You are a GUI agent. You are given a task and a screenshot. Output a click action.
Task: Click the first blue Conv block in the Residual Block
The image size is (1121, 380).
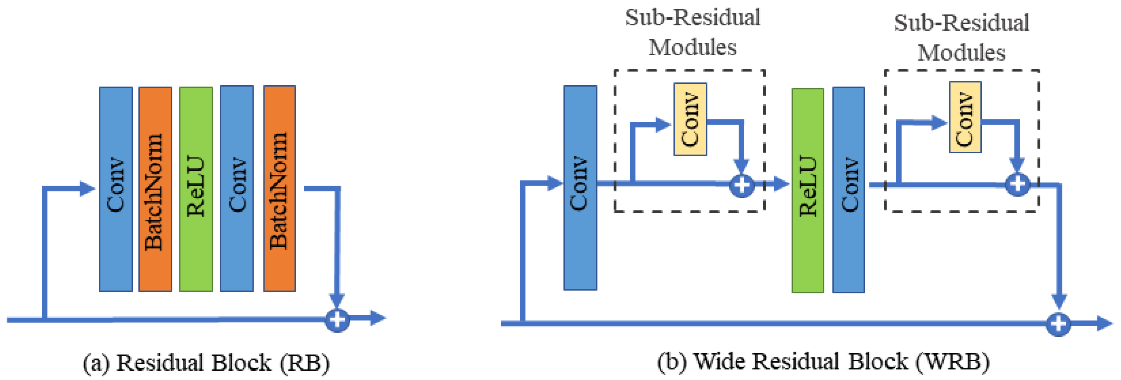116,189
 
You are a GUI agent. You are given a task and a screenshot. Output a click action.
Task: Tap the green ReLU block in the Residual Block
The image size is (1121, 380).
196,189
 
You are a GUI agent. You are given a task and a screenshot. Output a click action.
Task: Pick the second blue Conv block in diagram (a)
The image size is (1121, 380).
237,188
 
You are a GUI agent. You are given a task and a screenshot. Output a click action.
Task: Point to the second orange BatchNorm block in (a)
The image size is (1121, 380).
279,188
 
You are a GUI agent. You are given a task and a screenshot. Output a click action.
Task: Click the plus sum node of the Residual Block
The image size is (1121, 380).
337,320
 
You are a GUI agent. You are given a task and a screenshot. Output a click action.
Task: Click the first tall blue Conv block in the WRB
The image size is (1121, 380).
580,187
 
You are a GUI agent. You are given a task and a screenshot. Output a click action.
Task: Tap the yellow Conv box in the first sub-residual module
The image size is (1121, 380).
690,119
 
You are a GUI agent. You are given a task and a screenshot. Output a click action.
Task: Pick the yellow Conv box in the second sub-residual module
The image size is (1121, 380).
965,117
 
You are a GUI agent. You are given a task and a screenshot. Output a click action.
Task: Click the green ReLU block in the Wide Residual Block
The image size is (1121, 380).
808,190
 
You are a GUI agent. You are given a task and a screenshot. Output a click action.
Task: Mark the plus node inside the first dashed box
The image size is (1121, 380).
741,185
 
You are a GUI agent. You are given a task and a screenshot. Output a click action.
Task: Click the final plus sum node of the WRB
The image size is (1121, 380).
1058,324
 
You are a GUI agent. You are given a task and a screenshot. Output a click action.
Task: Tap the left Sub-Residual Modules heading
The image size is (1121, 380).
692,33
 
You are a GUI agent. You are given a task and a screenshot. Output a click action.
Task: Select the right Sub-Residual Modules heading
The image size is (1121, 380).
961,38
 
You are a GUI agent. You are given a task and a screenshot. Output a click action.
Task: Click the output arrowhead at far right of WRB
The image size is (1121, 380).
1104,323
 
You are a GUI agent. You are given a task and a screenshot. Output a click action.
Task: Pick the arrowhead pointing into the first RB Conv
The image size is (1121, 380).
88,188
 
